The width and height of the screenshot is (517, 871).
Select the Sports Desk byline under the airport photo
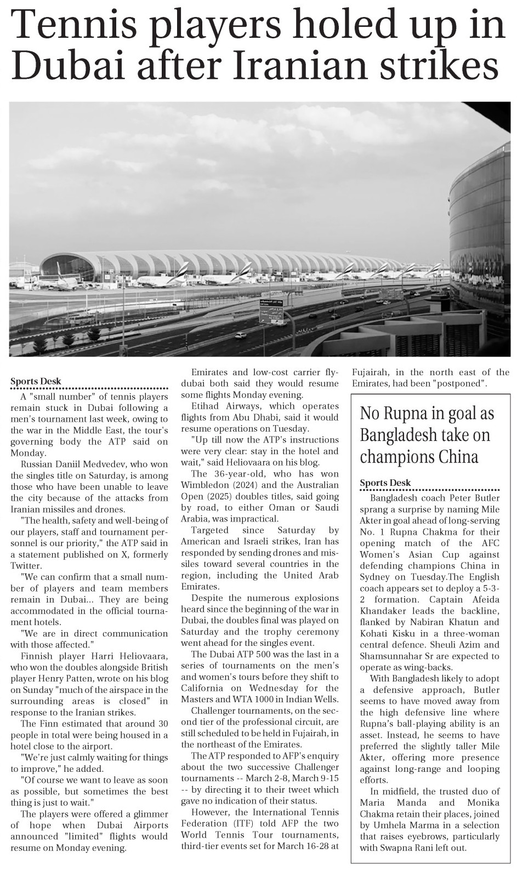click(36, 382)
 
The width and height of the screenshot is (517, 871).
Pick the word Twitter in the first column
click(26, 566)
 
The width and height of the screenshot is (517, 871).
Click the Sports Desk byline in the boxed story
click(385, 483)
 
